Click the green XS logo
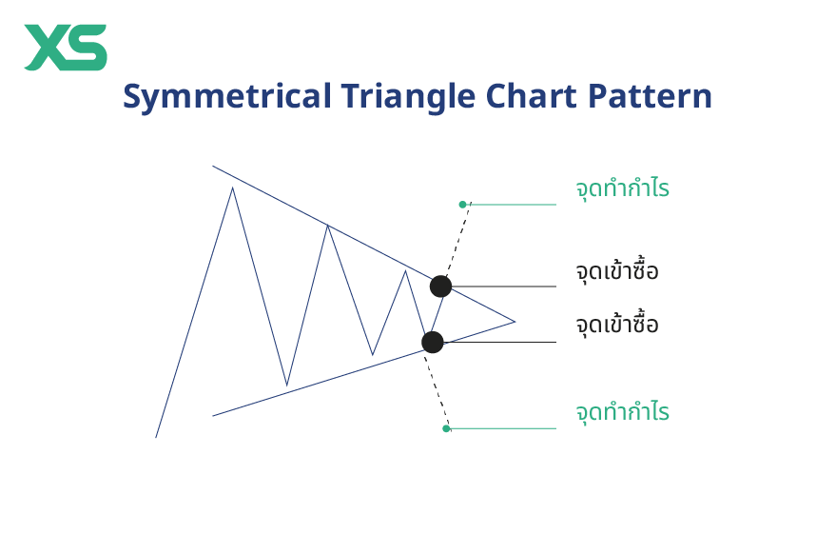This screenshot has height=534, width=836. [x=65, y=48]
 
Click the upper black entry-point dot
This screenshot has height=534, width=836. [x=440, y=286]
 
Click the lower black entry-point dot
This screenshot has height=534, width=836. [x=433, y=342]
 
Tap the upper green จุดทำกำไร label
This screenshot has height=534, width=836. [x=622, y=188]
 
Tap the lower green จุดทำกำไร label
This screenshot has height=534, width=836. [x=622, y=413]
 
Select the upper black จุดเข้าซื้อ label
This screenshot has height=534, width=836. [x=617, y=271]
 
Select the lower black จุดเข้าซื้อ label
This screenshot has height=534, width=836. [x=617, y=325]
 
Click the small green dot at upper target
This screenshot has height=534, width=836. [x=462, y=204]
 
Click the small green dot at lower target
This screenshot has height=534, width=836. [x=446, y=428]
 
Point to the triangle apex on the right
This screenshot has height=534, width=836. [x=515, y=321]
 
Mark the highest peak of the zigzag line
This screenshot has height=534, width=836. [x=232, y=188]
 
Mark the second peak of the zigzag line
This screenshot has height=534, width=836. [x=327, y=226]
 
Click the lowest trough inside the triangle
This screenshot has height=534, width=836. [x=286, y=386]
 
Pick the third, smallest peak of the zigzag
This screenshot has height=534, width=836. [x=405, y=271]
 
